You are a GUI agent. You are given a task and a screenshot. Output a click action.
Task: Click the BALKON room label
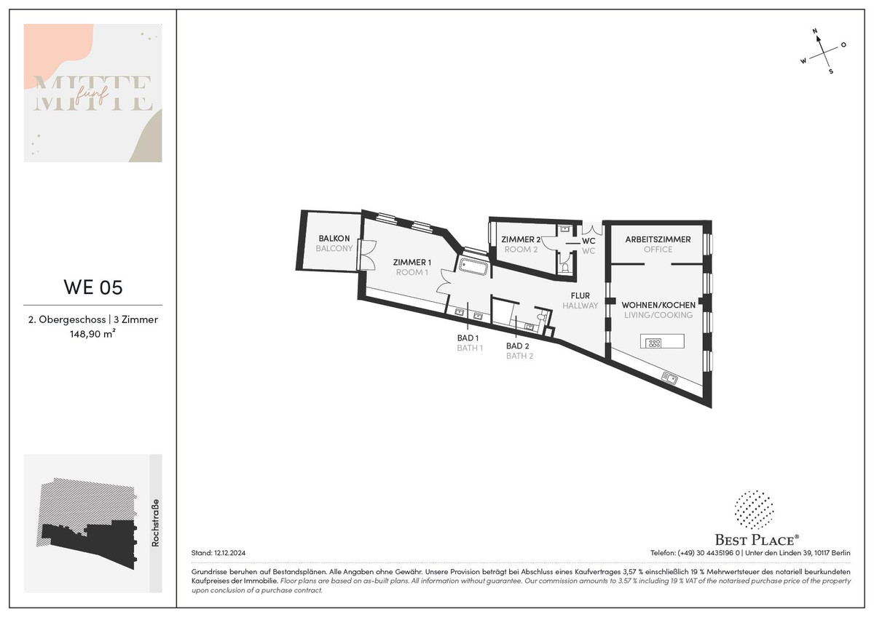pyautogui.click(x=334, y=238)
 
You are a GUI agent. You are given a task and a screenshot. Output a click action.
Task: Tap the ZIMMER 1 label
pyautogui.click(x=412, y=263)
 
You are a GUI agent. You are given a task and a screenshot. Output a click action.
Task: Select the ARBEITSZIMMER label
pyautogui.click(x=658, y=239)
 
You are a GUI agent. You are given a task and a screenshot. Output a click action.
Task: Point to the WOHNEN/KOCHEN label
pyautogui.click(x=658, y=305)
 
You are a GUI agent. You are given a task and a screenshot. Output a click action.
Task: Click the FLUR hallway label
pyautogui.click(x=580, y=295)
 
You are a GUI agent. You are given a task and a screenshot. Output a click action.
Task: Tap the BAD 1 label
pyautogui.click(x=468, y=338)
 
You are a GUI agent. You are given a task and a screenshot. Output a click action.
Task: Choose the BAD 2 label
pyautogui.click(x=517, y=346)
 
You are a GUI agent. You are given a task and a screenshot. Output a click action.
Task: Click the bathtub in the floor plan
pyautogui.click(x=473, y=267)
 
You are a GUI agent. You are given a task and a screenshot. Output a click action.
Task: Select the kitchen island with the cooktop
pyautogui.click(x=662, y=341)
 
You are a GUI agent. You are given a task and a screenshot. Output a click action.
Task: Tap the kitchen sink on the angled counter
pyautogui.click(x=669, y=378)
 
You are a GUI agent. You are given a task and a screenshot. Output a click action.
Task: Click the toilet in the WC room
pyautogui.click(x=564, y=266)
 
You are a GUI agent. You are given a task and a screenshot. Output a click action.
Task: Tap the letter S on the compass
pyautogui.click(x=831, y=71)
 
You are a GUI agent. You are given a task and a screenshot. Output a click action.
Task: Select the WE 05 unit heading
pyautogui.click(x=93, y=287)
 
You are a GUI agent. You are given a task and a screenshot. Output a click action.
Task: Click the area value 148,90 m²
pyautogui.click(x=93, y=334)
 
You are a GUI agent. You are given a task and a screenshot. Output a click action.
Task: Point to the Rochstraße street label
pyautogui.click(x=155, y=522)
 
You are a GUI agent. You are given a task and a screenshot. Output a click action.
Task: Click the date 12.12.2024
pyautogui.click(x=230, y=553)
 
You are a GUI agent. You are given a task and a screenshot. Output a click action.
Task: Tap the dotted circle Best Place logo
pyautogui.click(x=754, y=510)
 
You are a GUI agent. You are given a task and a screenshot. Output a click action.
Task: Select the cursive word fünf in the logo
pyautogui.click(x=92, y=94)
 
